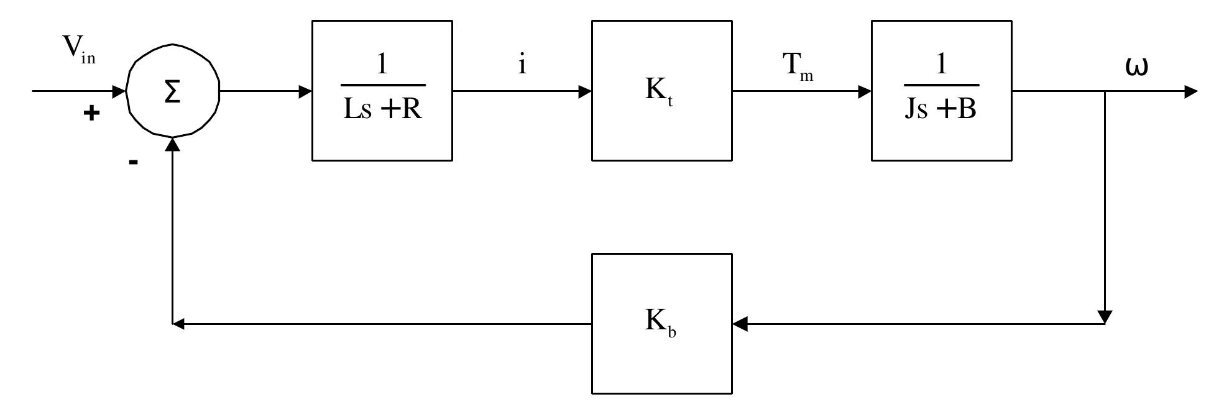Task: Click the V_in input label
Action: (x=78, y=51)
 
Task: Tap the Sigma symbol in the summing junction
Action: (x=172, y=92)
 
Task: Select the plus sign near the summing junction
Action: (x=91, y=113)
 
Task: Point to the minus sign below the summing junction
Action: (x=133, y=162)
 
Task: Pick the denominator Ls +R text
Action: (x=382, y=109)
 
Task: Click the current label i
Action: (x=522, y=64)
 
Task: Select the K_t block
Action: (x=661, y=91)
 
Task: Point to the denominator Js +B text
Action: (x=941, y=109)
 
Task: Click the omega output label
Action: (x=1136, y=66)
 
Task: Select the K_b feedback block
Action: (x=661, y=323)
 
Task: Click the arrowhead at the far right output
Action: (x=1190, y=91)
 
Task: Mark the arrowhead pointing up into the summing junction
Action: (x=173, y=144)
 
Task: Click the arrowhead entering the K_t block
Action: (x=584, y=91)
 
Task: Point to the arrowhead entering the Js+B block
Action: (x=864, y=91)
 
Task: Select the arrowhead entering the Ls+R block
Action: (x=305, y=91)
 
